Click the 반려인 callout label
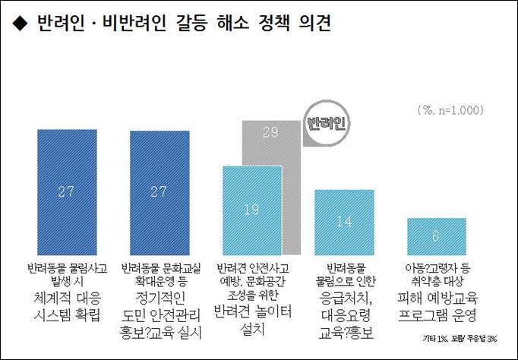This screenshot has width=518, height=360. click(x=324, y=122)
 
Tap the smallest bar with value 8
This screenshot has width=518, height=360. click(x=436, y=236)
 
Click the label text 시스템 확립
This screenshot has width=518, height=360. click(x=67, y=314)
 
